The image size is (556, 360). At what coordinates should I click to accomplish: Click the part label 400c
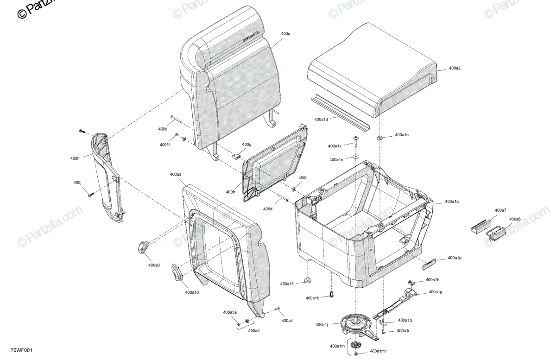coord(285,34)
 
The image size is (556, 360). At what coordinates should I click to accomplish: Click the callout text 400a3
coord(176,175)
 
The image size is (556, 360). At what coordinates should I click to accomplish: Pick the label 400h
coord(75,158)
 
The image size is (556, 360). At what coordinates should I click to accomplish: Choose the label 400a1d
coord(321,120)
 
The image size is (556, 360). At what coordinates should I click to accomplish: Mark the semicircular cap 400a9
coord(144,246)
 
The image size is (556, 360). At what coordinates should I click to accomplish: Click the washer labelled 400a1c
coord(380,138)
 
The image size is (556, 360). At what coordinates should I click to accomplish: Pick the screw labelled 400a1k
coord(356,141)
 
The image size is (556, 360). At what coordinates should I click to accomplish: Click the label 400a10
coord(192,292)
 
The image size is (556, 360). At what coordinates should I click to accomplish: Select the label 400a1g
coord(436,292)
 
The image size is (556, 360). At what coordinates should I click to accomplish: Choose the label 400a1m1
coord(378,353)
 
